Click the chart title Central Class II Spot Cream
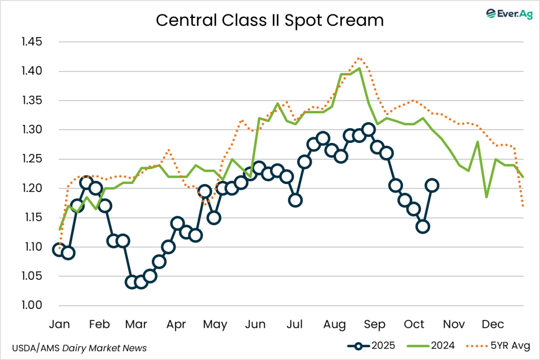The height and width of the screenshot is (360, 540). pyautogui.click(x=269, y=21)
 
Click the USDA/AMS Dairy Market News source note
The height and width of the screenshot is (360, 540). pyautogui.click(x=79, y=348)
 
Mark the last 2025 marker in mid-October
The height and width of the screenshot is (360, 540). pyautogui.click(x=432, y=185)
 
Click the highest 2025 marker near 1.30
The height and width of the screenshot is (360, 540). pyautogui.click(x=369, y=130)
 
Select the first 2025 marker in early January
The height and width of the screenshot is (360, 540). pyautogui.click(x=60, y=249)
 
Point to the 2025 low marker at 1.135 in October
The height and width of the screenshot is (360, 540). pyautogui.click(x=422, y=227)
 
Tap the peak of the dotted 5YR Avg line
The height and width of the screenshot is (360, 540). pyautogui.click(x=359, y=58)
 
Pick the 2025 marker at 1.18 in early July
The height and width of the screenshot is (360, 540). pyautogui.click(x=295, y=200)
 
